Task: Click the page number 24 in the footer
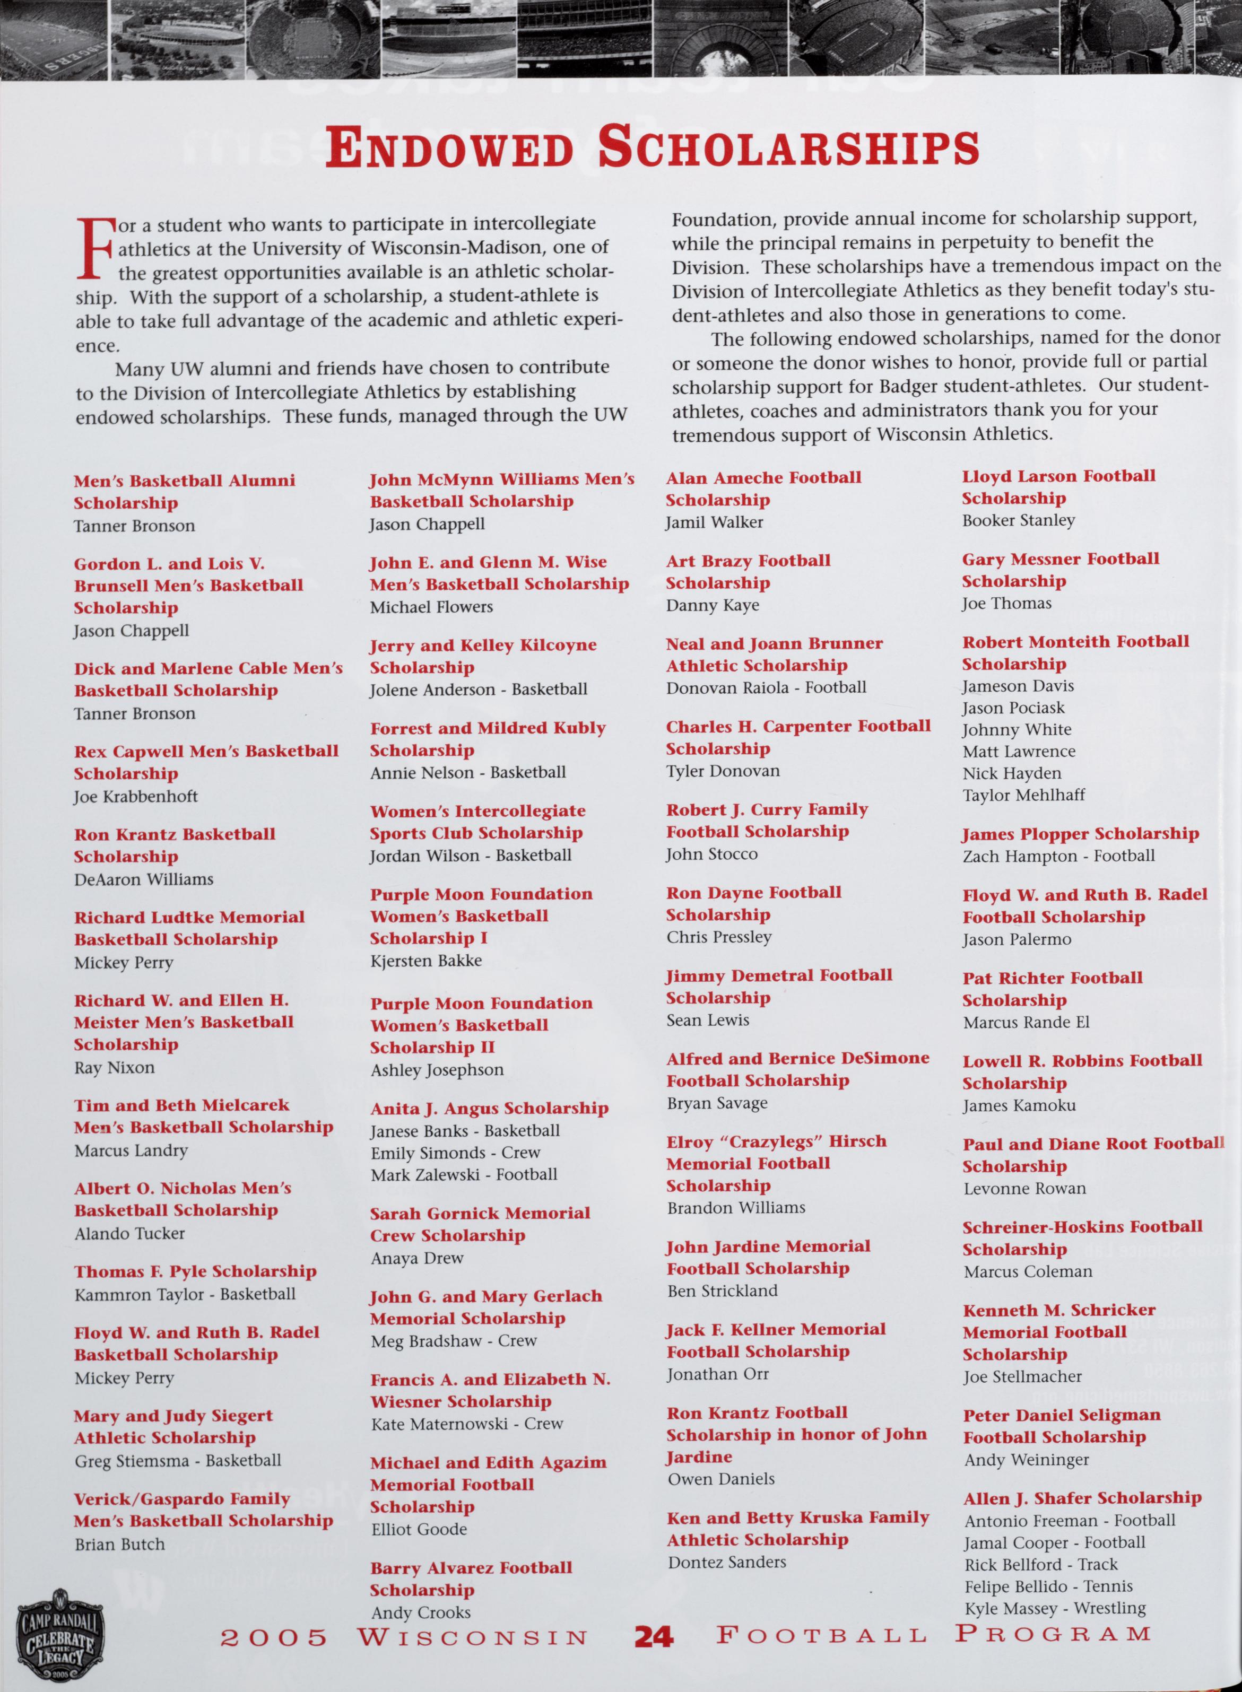(x=653, y=1636)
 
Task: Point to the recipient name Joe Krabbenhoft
(x=136, y=796)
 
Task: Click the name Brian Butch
(x=119, y=1544)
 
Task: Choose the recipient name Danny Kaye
(x=713, y=605)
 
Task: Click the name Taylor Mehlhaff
(x=1024, y=795)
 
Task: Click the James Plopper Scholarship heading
(x=1080, y=834)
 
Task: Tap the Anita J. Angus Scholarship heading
(x=489, y=1108)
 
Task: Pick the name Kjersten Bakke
(x=426, y=960)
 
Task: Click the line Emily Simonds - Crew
(x=456, y=1152)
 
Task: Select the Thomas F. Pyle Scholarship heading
(x=195, y=1271)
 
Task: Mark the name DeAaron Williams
(x=144, y=879)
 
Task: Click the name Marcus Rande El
(x=1026, y=1022)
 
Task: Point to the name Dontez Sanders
(x=727, y=1561)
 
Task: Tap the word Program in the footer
(x=1053, y=1634)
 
